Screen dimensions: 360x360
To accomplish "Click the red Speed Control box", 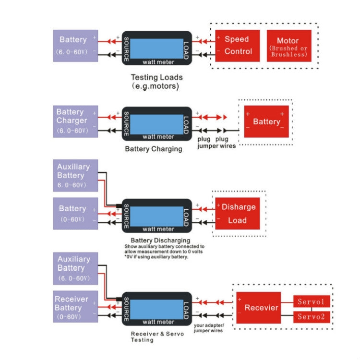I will pos(237,46).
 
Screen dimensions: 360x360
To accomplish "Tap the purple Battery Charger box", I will pos(76,121).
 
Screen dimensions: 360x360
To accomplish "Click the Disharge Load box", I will pos(237,214).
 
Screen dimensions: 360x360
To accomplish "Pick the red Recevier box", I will pos(258,307).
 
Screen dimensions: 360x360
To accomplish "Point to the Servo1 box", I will pos(312,301).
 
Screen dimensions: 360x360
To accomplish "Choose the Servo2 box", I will pos(312,317).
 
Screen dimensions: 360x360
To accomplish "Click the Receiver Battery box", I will pos(76,306).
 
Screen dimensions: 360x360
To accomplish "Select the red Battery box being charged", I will pos(266,121).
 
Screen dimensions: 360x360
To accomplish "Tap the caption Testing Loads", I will pos(156,77).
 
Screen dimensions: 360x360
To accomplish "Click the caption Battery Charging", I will pos(154,149).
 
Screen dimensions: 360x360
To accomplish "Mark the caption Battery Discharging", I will pos(160,240).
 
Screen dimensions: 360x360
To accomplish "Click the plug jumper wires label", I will pos(216,143).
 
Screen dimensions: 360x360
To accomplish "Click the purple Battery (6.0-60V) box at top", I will pos(76,46).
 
